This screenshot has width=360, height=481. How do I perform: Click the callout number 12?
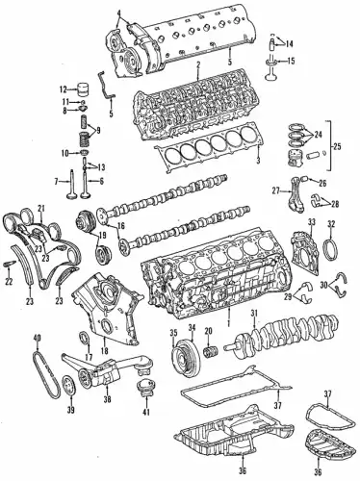click(x=63, y=89)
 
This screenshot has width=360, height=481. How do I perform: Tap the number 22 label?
click(x=9, y=282)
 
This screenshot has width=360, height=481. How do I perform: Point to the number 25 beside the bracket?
click(x=337, y=147)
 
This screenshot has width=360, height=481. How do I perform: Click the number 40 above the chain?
click(x=38, y=338)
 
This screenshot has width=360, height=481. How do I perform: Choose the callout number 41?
click(x=146, y=411)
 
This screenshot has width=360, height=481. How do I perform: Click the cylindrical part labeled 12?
click(x=84, y=89)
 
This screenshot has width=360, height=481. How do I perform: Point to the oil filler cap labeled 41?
click(x=145, y=388)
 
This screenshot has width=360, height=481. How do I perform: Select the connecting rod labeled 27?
click(x=296, y=191)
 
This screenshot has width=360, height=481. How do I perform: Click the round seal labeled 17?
click(x=85, y=339)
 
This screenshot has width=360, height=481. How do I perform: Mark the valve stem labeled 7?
click(x=71, y=184)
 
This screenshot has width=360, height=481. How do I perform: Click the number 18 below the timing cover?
click(x=105, y=350)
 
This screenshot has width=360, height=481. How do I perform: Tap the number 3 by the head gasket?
click(x=258, y=160)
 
